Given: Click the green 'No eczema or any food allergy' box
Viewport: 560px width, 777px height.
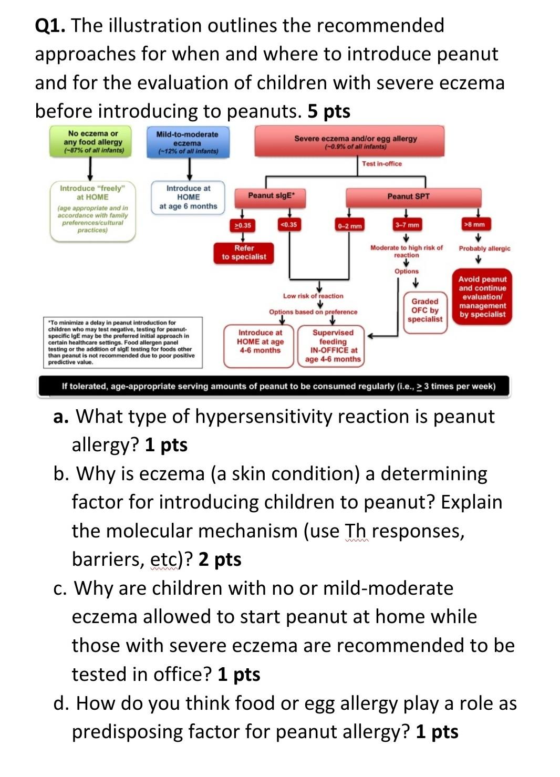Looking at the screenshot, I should pos(93,141).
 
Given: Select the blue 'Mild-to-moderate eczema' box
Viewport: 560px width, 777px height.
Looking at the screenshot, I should pos(187,142).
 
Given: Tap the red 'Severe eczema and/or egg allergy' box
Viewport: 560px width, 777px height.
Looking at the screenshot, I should pos(355,142).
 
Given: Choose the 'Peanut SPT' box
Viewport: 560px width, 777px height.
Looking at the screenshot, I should pos(408,196).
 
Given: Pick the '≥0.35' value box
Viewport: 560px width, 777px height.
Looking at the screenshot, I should pos(242,225).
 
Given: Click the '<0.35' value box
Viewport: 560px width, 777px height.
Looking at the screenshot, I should pos(288,225).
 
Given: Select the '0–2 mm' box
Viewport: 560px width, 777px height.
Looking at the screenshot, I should pos(350,226).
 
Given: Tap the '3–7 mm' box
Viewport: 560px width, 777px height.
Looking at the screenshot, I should pos(407,225).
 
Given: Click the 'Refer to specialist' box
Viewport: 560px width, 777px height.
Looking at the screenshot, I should pos(244,252).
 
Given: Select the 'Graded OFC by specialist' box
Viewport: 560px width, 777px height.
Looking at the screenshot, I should pos(425,310).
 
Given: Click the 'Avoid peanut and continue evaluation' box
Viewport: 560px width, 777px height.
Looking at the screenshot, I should pos(482,297).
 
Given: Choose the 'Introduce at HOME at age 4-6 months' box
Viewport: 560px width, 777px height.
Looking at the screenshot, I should pos(260,341).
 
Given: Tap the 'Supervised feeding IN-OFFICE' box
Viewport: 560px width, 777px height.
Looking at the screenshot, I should pos(333,346).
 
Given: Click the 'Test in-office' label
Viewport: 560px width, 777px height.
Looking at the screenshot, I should pos(381,164).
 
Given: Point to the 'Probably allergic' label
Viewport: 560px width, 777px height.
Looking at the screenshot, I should pos(484,248).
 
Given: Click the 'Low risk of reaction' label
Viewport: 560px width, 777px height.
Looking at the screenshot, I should pos(313,296).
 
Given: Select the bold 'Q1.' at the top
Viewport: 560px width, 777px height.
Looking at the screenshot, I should pos(50,25).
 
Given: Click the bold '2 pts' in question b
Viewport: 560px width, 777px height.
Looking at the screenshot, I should pos(220,560).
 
